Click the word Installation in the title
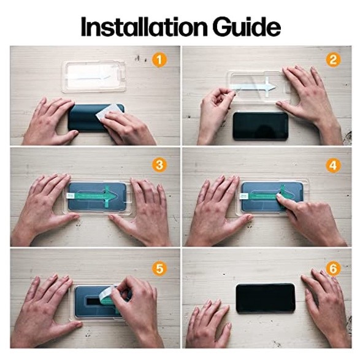click(x=144, y=26)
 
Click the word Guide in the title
click(x=247, y=26)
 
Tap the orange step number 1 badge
click(x=159, y=60)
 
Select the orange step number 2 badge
click(x=333, y=59)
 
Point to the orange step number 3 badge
click(x=159, y=164)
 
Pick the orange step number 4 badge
click(x=333, y=166)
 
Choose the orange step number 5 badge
click(x=159, y=268)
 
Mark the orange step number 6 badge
click(x=333, y=269)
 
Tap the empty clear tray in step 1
click(x=94, y=77)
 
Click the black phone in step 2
click(x=261, y=126)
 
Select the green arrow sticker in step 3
click(x=96, y=196)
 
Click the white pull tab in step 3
click(x=69, y=196)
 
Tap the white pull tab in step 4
click(x=243, y=196)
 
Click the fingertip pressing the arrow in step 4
click(x=280, y=196)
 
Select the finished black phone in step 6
click(x=266, y=298)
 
